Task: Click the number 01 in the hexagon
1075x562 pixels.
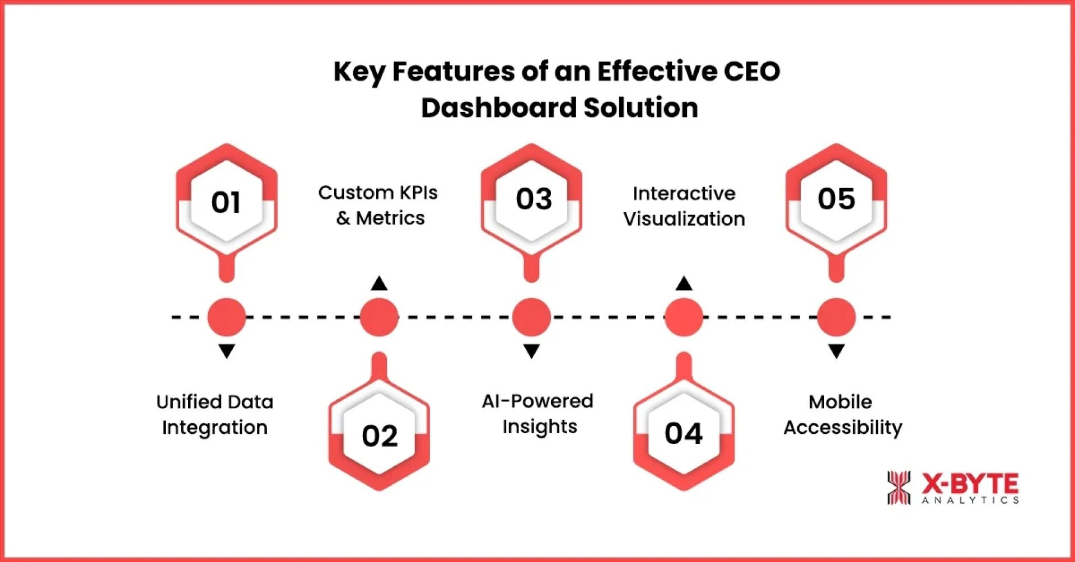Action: [226, 202]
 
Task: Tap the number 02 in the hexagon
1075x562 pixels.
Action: [380, 435]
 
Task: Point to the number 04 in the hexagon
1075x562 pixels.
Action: [684, 433]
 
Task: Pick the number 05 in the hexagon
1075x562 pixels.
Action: [836, 199]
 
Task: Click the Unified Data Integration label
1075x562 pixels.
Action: [215, 415]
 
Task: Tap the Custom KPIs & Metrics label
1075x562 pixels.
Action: [378, 205]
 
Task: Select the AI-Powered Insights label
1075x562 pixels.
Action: [538, 414]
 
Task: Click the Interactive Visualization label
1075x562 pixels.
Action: [684, 206]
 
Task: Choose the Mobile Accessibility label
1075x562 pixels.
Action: [842, 415]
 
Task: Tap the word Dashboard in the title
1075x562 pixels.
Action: [498, 107]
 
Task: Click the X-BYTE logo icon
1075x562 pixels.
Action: [899, 488]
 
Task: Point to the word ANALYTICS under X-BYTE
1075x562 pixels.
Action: [970, 500]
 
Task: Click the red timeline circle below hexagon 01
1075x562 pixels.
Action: [226, 317]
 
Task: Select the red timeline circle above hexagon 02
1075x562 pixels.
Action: [379, 317]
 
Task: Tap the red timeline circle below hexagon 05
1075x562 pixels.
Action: [836, 317]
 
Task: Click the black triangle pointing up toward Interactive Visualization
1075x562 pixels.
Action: [684, 284]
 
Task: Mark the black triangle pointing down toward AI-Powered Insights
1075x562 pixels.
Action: [531, 351]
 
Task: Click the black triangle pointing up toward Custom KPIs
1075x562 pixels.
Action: [379, 284]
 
